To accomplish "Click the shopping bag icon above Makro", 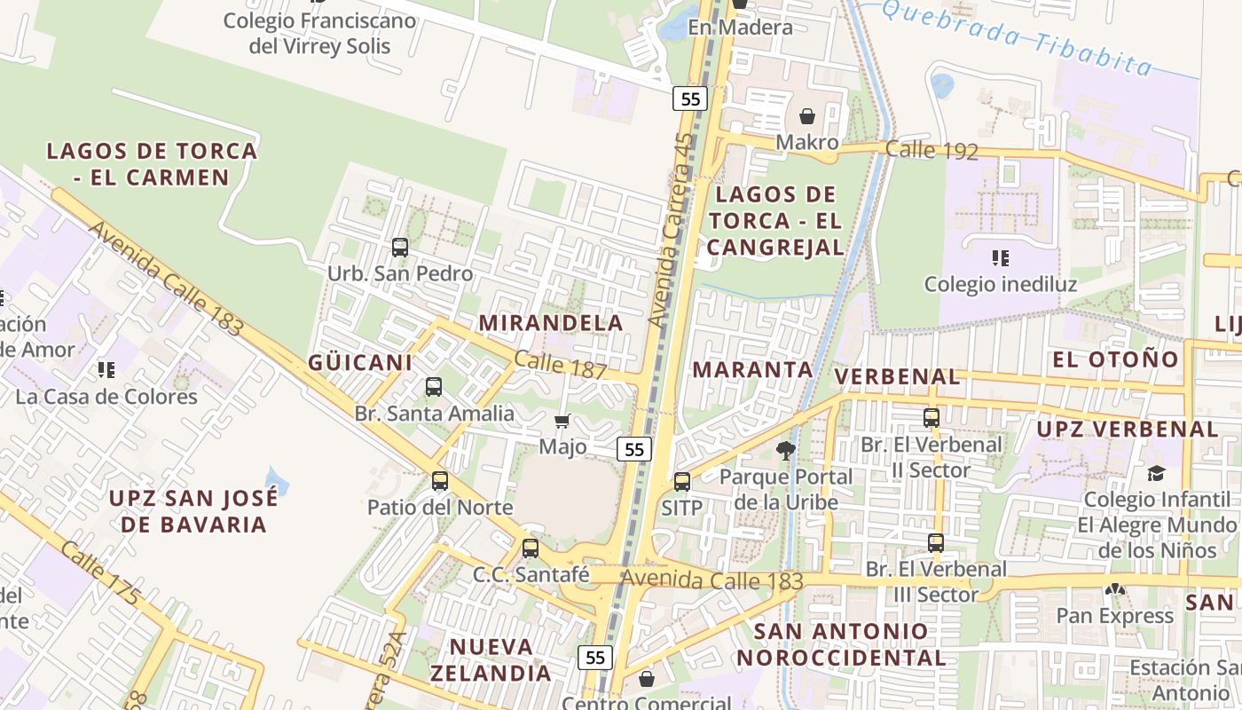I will click(807, 116).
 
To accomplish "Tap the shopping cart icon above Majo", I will click(562, 421).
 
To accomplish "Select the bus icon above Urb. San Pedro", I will click(400, 248).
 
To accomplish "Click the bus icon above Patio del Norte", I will click(440, 481).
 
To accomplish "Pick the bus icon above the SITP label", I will click(681, 482).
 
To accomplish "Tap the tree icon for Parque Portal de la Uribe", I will click(785, 450).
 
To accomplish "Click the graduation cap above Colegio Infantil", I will click(1156, 473).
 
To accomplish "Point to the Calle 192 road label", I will click(931, 150).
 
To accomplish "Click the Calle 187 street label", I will click(559, 366).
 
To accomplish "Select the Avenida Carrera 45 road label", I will click(672, 229).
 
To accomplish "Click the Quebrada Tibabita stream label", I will click(1018, 37).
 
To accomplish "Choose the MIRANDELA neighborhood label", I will click(551, 323).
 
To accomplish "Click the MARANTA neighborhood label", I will click(752, 369).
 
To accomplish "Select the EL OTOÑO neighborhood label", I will click(1115, 359).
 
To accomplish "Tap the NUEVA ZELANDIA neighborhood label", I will click(491, 659).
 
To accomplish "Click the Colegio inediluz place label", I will click(1000, 285).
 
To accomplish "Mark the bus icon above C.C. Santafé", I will click(531, 548).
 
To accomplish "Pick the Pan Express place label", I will click(1114, 616).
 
